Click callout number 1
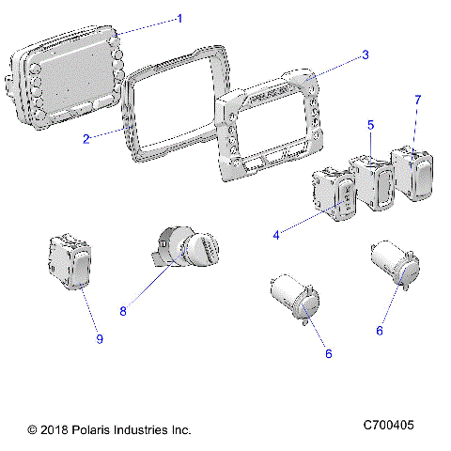pos(179,18)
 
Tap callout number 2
pos(86,139)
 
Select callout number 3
pos(365,54)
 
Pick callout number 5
pos(371,124)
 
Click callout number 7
pos(418,99)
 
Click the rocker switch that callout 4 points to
pos(334,193)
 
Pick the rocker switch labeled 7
pos(412,169)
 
